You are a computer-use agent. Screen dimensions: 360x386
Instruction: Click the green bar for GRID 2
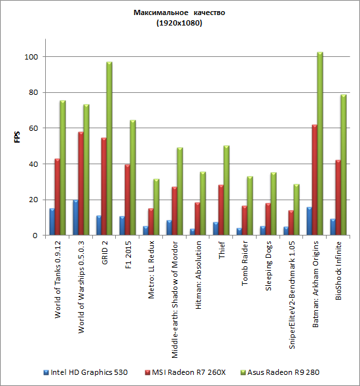coord(109,149)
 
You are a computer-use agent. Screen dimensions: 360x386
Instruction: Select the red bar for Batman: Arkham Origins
coord(314,180)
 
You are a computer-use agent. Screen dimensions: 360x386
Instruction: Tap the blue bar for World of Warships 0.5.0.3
coord(75,217)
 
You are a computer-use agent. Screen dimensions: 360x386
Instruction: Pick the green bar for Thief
coord(226,190)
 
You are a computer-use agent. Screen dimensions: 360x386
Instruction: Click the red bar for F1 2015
coord(127,200)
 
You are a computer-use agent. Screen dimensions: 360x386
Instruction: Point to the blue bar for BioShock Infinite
coord(333,227)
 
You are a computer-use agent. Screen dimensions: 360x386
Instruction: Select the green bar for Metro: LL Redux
coord(156,207)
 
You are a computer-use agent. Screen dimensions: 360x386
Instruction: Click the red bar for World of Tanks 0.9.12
coord(57,197)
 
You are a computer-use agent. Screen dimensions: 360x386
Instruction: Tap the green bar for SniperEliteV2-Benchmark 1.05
coord(297,209)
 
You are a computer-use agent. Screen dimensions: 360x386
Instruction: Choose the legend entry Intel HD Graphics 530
coord(86,372)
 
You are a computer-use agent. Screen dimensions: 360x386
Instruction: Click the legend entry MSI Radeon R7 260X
coord(185,372)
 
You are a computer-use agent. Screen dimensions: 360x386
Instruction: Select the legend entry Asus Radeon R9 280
coord(280,372)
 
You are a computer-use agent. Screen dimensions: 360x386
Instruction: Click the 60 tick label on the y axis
coord(33,128)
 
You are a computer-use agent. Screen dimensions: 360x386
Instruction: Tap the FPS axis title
coord(17,137)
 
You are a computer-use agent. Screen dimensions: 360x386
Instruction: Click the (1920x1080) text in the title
coord(179,23)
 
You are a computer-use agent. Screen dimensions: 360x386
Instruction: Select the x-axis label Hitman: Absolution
coord(198,275)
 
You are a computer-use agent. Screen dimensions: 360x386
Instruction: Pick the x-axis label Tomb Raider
coord(245,263)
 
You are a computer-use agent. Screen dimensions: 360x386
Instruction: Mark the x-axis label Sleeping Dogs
coord(268,266)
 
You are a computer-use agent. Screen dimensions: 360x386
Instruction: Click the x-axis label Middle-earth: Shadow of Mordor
coord(175,300)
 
